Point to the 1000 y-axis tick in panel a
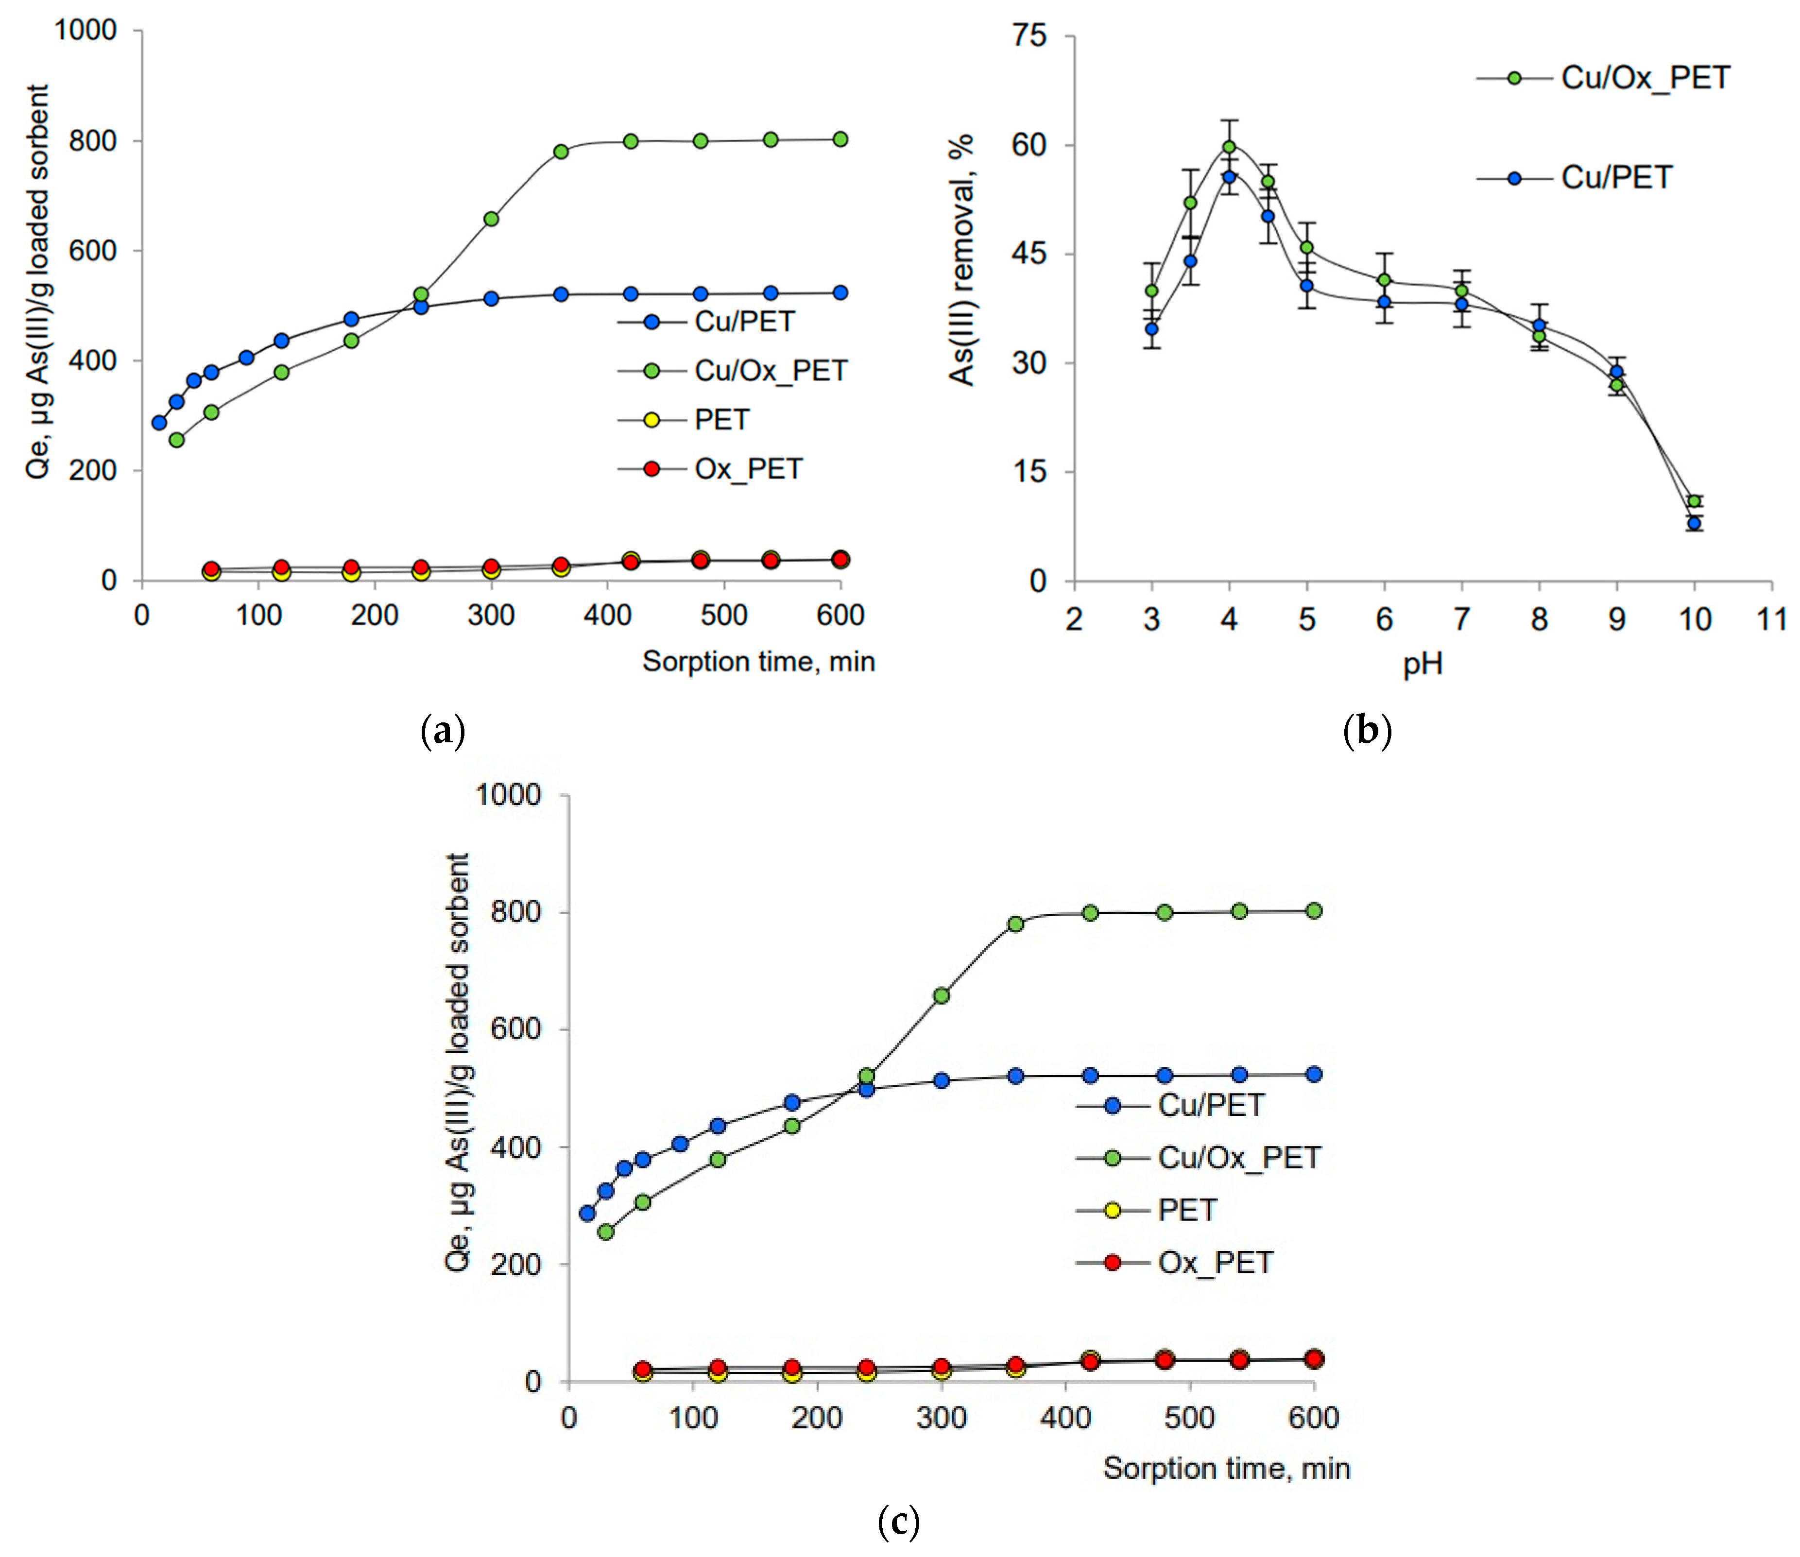85,31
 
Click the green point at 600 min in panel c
1314,910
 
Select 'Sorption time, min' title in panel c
1226,1469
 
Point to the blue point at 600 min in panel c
1314,1075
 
